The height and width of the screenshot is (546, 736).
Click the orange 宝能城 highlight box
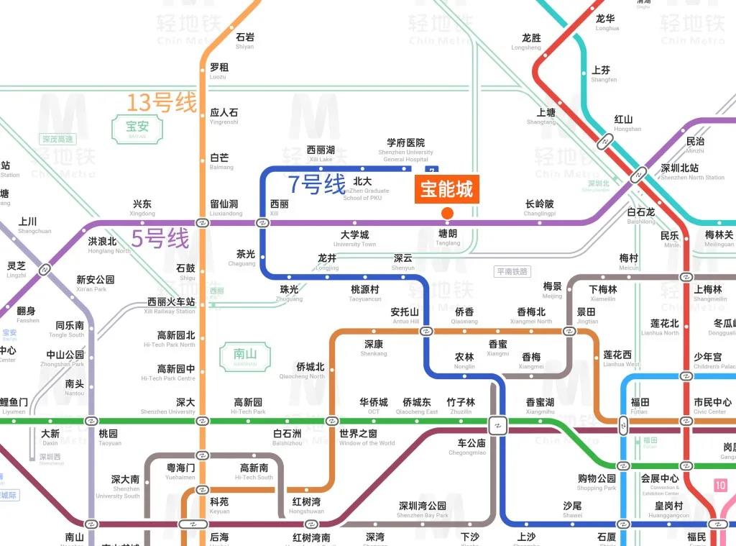pyautogui.click(x=446, y=189)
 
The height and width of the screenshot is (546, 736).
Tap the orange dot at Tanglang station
pyautogui.click(x=447, y=213)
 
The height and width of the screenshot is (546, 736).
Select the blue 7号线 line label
pyautogui.click(x=317, y=185)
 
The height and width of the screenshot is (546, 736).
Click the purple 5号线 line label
pyautogui.click(x=160, y=238)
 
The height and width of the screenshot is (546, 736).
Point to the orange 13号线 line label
pyautogui.click(x=161, y=103)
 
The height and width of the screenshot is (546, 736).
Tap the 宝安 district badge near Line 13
pyautogui.click(x=136, y=129)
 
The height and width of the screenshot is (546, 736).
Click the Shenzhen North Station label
pyautogui.click(x=692, y=172)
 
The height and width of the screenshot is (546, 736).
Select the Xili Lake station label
pyautogui.click(x=321, y=154)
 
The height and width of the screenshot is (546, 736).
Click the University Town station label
pyautogui.click(x=354, y=239)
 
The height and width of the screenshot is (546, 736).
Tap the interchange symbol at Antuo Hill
pyautogui.click(x=426, y=331)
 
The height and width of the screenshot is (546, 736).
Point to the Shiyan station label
pyautogui.click(x=244, y=41)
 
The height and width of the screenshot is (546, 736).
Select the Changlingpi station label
pyautogui.click(x=539, y=208)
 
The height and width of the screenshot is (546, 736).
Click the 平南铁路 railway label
pyautogui.click(x=512, y=271)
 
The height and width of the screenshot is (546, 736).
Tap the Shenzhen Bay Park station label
pyautogui.click(x=423, y=510)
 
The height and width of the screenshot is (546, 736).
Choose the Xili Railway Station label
pyautogui.click(x=170, y=306)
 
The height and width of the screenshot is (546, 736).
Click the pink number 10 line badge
pyautogui.click(x=720, y=486)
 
